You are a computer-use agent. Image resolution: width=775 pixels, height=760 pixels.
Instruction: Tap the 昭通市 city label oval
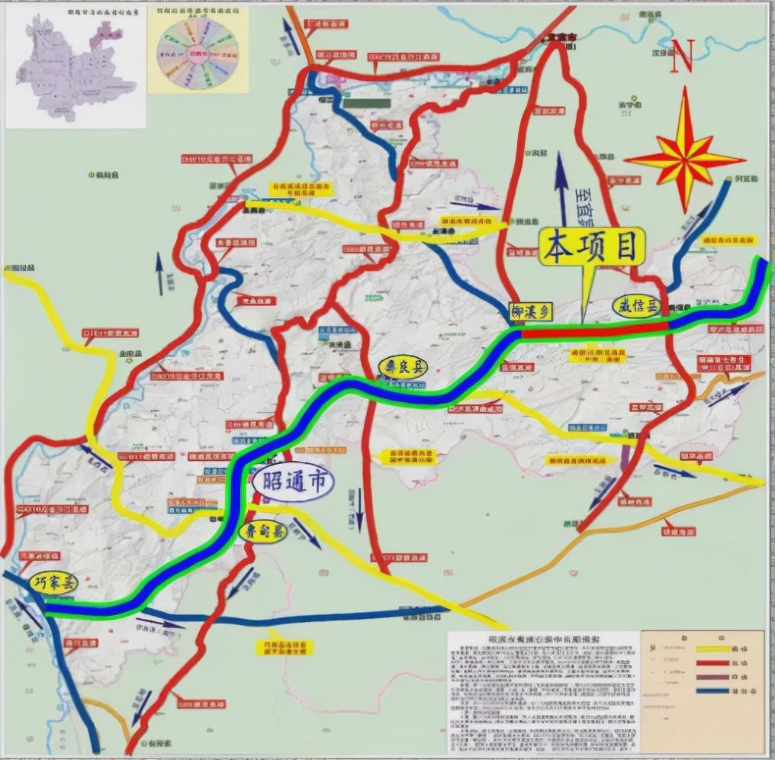point(292,483)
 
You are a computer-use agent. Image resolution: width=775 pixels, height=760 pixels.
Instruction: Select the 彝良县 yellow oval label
point(403,367)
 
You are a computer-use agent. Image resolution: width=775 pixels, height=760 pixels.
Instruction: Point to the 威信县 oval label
point(635,307)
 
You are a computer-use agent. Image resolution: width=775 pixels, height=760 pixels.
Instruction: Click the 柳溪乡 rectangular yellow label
point(529,312)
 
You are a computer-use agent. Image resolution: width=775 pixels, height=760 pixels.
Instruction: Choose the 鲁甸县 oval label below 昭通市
point(262,532)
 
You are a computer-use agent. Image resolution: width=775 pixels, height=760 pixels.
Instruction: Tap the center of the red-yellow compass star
point(684,158)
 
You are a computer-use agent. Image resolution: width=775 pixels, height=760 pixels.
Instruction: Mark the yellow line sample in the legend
point(712,649)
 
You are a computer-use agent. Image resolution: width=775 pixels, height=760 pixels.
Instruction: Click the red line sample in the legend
point(712,663)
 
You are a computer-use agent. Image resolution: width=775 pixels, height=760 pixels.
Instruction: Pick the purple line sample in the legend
point(712,677)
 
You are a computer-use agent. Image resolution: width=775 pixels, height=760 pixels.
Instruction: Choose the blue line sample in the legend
point(712,691)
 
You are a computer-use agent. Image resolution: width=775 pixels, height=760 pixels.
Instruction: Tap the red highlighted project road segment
point(595,330)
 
